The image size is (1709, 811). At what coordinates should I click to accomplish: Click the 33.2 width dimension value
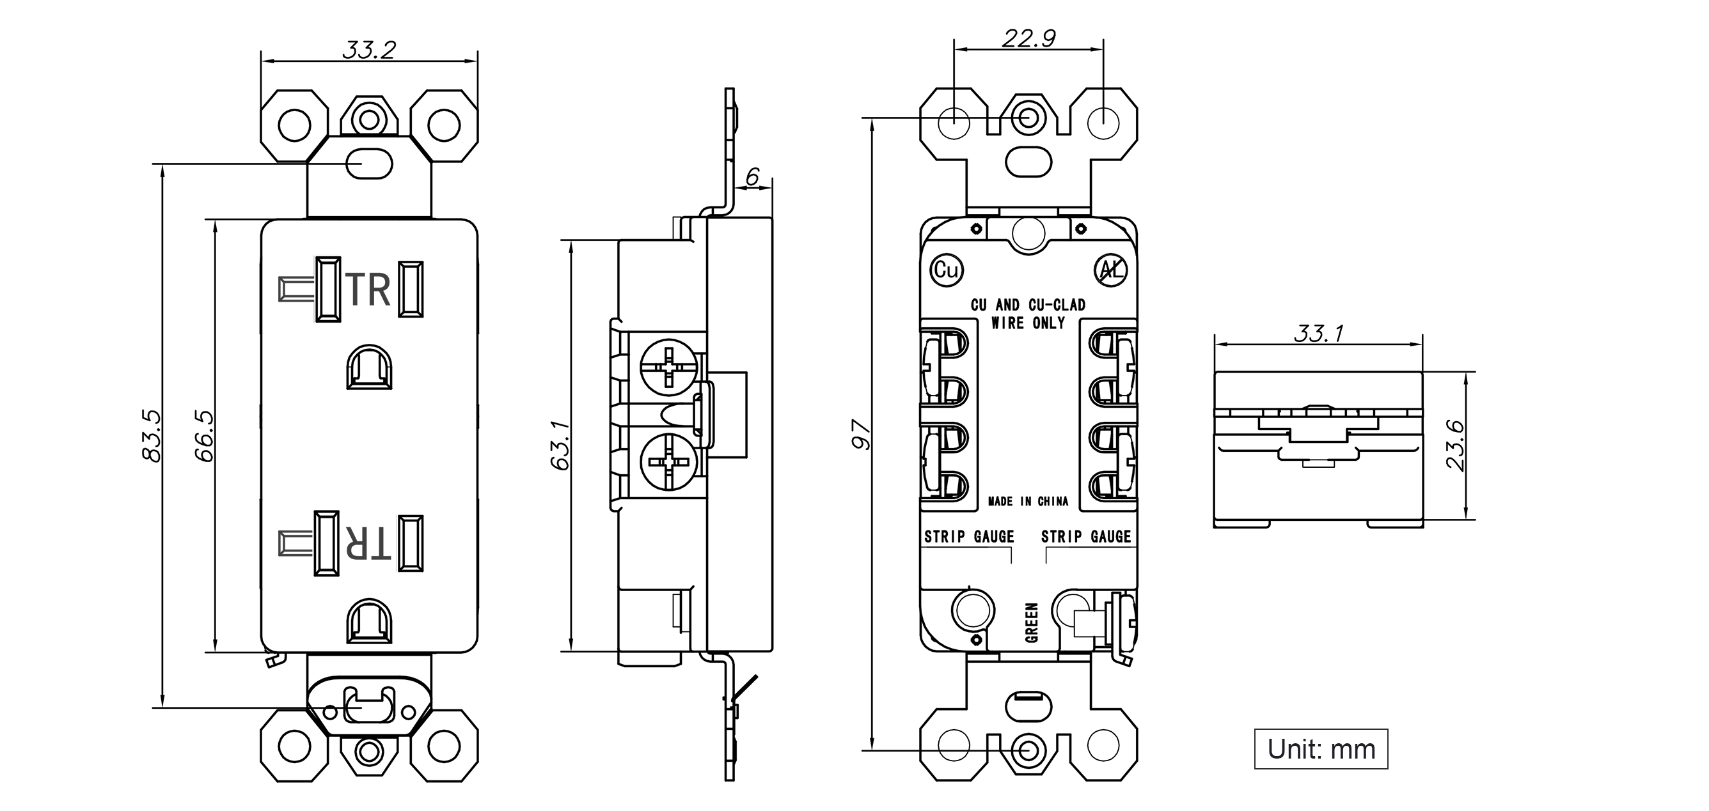369,50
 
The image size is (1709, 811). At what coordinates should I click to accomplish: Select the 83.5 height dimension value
152,436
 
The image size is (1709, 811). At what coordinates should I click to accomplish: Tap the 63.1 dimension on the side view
560,445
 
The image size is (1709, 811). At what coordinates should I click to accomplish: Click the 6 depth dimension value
752,176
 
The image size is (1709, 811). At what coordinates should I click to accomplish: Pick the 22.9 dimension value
1029,38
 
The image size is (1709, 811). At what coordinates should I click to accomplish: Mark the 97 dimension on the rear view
862,435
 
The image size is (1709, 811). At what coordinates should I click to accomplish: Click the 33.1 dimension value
1319,333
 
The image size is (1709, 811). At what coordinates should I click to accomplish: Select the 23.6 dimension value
1455,445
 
